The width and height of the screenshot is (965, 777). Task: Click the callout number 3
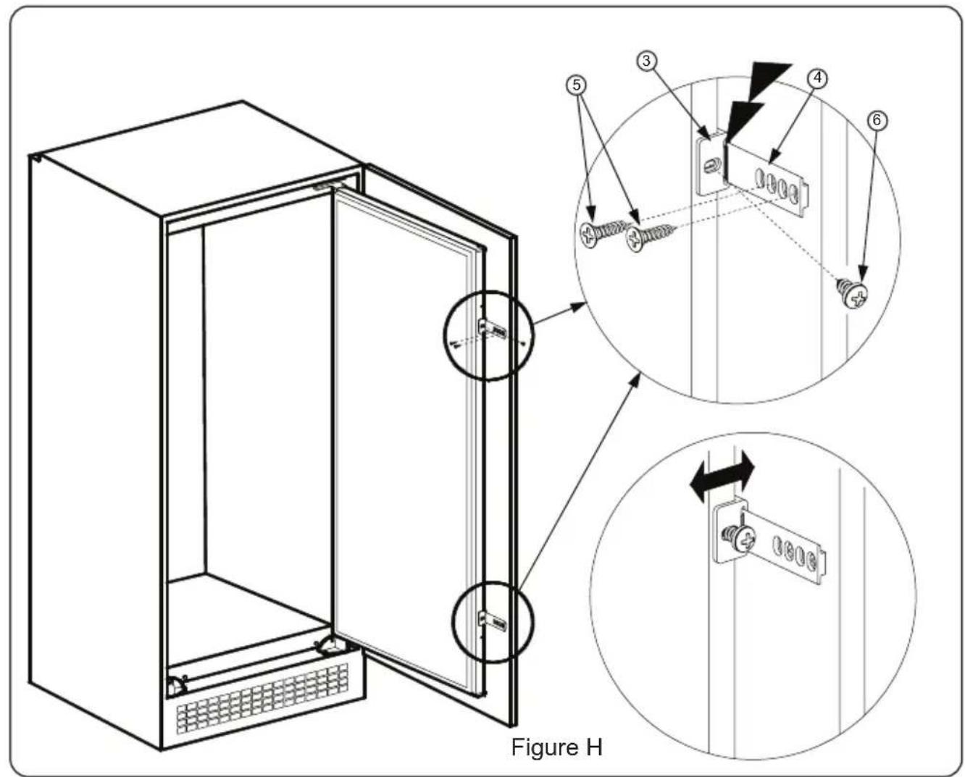point(646,61)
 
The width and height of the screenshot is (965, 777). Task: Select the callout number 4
point(816,78)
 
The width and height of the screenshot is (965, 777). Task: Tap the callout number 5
point(577,85)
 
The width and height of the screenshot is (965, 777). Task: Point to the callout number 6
point(877,119)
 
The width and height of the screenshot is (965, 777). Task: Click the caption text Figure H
point(556,747)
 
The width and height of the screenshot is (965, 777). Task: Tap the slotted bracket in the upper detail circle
point(772,181)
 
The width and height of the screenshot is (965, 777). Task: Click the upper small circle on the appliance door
point(488,335)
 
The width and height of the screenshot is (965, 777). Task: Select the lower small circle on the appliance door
point(493,621)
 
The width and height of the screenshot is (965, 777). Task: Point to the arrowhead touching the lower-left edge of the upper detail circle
point(634,379)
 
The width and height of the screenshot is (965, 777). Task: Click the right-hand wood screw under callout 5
point(648,235)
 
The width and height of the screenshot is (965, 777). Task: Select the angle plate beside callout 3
point(708,164)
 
